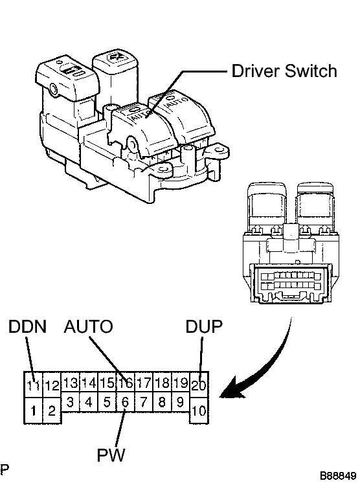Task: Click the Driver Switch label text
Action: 284,71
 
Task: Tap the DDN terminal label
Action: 27,326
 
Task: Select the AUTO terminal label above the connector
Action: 89,326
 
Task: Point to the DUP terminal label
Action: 203,326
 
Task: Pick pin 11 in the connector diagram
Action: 33,385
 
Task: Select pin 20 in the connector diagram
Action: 199,385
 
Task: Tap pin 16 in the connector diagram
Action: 126,383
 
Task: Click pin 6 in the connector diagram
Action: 126,401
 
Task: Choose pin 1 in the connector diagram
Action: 33,410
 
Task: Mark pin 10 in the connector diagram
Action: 199,410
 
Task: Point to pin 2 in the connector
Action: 52,410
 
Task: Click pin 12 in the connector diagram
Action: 52,385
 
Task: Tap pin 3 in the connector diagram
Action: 70,401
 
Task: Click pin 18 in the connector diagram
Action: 163,383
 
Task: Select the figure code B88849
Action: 337,475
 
